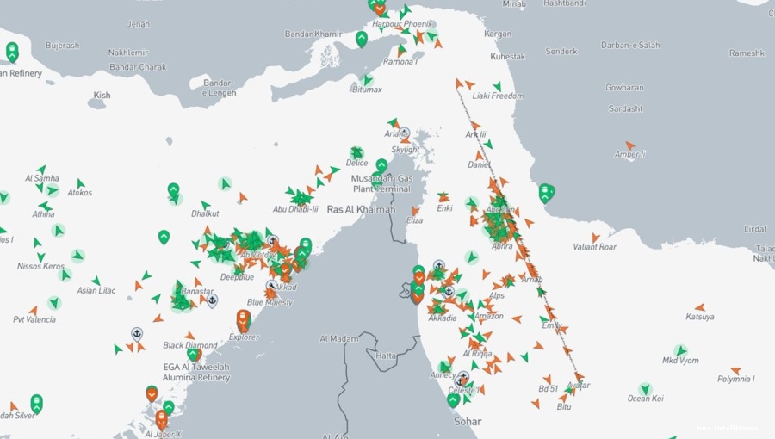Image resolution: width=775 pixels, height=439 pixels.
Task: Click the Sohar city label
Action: click(468, 421)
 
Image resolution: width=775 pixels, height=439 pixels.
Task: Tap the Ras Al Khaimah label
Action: click(361, 209)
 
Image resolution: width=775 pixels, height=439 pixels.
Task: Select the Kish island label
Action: click(102, 96)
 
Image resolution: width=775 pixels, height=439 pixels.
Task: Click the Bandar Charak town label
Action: click(138, 67)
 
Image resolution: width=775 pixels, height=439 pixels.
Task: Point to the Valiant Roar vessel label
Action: click(595, 247)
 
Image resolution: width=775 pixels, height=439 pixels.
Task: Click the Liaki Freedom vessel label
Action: click(498, 96)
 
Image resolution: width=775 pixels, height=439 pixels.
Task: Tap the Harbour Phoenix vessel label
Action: click(403, 24)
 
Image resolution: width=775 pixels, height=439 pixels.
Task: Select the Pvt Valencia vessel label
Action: click(34, 319)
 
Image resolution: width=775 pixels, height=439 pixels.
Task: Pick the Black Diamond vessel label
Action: click(190, 345)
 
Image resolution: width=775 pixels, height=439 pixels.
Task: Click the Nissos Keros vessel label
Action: click(40, 266)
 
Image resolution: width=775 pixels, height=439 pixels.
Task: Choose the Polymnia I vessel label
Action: click(735, 379)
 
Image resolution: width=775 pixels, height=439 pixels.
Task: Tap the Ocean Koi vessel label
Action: click(645, 399)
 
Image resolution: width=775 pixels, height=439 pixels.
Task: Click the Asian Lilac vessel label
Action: click(96, 291)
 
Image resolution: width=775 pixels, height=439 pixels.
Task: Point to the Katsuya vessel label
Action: click(699, 317)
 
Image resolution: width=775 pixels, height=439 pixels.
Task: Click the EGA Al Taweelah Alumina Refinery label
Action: click(196, 372)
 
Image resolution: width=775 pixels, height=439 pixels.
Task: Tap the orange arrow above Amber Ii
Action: click(630, 145)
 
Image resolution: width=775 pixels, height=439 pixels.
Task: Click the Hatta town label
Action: click(387, 356)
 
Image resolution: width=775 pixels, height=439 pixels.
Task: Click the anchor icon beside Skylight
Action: click(404, 133)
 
